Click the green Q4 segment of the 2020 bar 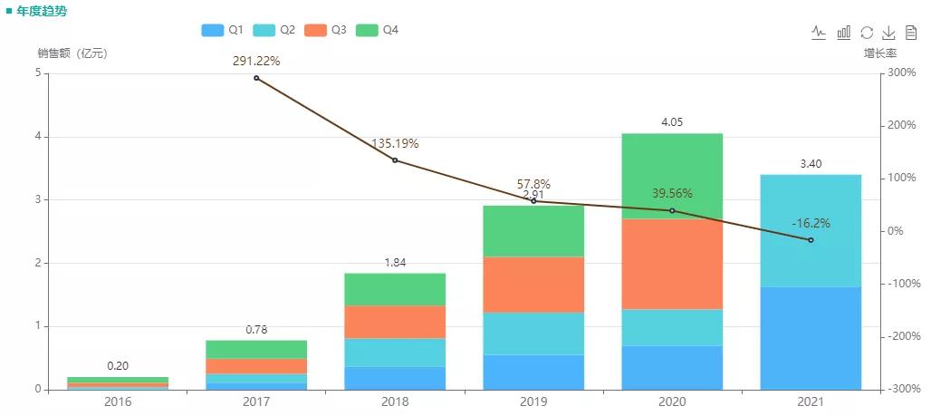(672, 176)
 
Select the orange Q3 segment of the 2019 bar (533, 285)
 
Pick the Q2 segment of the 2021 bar (811, 230)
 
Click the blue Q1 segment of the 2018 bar (395, 378)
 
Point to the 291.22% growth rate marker (256, 78)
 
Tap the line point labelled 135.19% (395, 160)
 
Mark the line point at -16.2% (811, 240)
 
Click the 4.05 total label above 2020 (672, 121)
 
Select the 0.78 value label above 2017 (256, 329)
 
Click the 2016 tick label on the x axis (118, 401)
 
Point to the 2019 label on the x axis (533, 401)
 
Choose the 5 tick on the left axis (37, 73)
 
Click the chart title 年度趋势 (41, 11)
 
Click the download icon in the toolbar (888, 33)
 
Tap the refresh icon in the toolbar (867, 33)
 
